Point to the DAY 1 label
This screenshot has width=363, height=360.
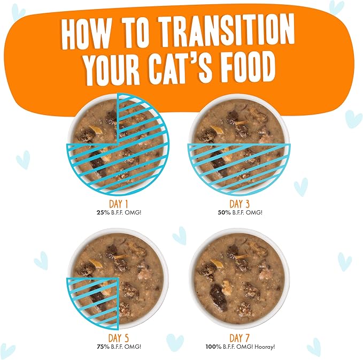point(118,204)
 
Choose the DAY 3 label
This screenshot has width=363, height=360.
point(241,204)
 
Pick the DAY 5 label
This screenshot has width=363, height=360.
point(118,338)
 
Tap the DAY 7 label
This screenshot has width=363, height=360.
point(241,338)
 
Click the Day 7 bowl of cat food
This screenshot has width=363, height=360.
point(240,278)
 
